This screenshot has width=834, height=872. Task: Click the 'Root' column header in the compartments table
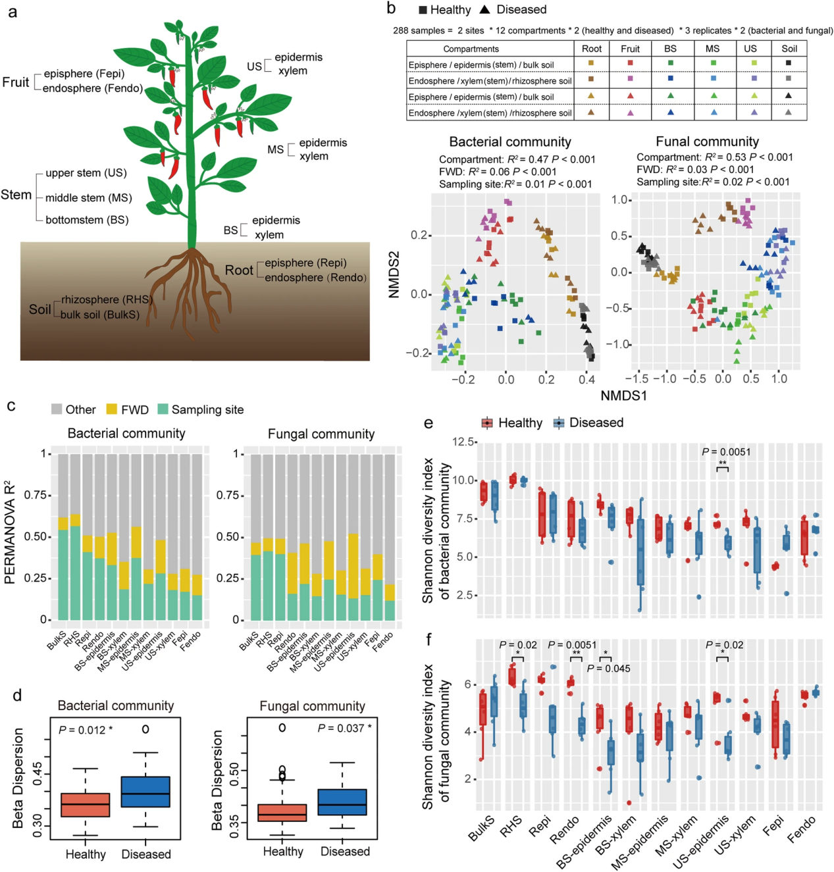click(x=591, y=49)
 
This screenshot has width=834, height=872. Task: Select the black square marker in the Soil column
click(x=789, y=63)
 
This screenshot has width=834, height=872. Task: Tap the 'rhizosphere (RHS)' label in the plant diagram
click(x=107, y=299)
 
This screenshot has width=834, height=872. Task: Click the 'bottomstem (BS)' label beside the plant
click(x=87, y=220)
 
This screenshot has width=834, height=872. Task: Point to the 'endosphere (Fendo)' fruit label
click(x=93, y=88)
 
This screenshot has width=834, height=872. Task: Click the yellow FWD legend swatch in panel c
click(x=112, y=409)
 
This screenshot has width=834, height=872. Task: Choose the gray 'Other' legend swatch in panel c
click(x=57, y=409)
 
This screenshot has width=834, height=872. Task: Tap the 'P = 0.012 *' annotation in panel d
click(x=85, y=730)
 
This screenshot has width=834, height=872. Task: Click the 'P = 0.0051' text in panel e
click(x=725, y=451)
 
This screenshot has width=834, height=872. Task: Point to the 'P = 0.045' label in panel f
click(x=608, y=669)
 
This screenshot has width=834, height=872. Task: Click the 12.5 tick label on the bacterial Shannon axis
click(x=463, y=442)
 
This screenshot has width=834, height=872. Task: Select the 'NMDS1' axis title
click(x=623, y=396)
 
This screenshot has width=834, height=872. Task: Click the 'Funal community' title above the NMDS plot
click(x=707, y=141)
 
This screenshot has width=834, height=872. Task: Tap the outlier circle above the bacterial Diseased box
click(x=145, y=729)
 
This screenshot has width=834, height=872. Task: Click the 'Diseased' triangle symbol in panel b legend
click(x=485, y=10)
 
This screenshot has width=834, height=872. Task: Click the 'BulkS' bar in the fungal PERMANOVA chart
click(x=256, y=537)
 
